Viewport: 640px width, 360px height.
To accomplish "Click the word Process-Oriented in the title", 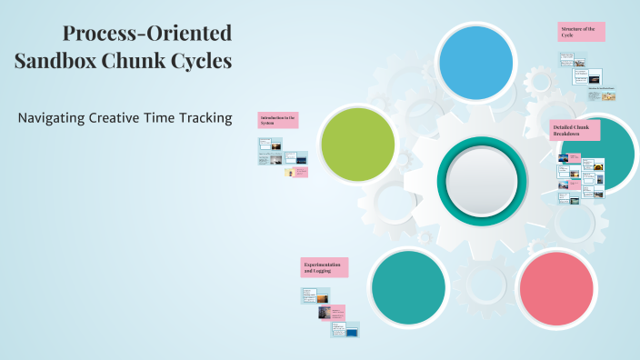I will click(x=147, y=35).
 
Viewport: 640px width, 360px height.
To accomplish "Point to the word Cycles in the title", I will click(x=205, y=62).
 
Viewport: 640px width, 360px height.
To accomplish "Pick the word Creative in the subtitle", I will click(x=133, y=118).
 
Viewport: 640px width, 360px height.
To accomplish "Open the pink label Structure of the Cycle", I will click(x=581, y=32).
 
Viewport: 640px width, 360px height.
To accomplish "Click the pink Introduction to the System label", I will click(x=278, y=121).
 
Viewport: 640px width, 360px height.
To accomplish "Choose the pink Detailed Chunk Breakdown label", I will click(x=571, y=130).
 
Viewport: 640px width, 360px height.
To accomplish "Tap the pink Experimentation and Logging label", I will click(x=325, y=267).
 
